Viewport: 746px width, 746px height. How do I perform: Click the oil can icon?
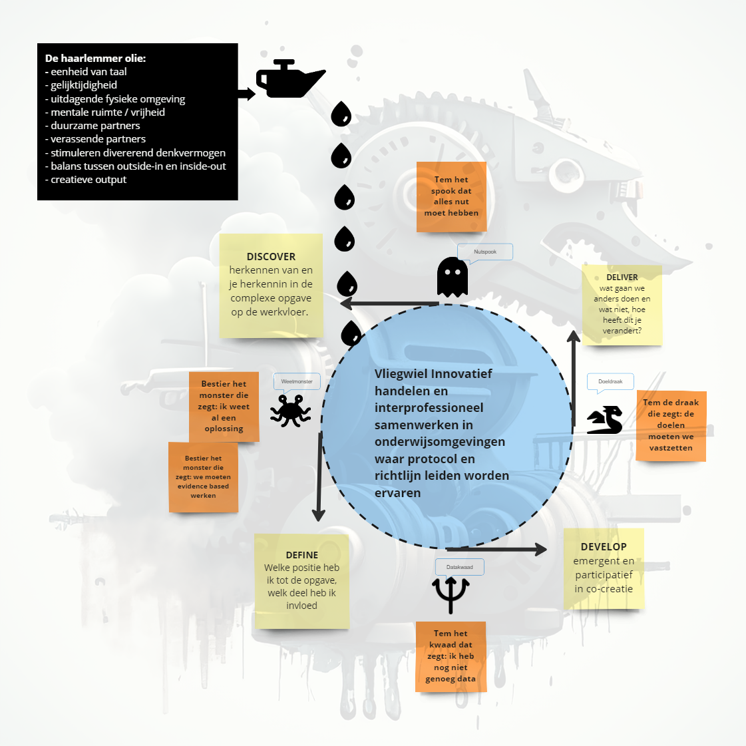290,79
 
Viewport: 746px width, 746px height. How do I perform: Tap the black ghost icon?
452,277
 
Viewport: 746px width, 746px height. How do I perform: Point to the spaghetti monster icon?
290,410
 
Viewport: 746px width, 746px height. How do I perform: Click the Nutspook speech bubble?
485,252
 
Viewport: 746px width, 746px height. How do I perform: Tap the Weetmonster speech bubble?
297,382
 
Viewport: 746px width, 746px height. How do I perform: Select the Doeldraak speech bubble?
610,382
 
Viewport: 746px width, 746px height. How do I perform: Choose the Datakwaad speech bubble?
460,568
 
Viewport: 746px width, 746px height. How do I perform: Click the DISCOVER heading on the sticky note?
272,256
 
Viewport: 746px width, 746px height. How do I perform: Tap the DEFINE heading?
302,555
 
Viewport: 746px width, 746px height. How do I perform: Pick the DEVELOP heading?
604,546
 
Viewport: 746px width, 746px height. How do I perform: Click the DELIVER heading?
622,278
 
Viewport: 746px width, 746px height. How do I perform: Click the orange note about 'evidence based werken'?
203,477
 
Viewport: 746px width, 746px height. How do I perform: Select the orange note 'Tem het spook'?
451,196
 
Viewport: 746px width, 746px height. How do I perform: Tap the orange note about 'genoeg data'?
451,657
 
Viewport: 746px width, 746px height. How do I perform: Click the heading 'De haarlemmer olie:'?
95,59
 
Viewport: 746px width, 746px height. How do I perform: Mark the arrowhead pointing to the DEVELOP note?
540,549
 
